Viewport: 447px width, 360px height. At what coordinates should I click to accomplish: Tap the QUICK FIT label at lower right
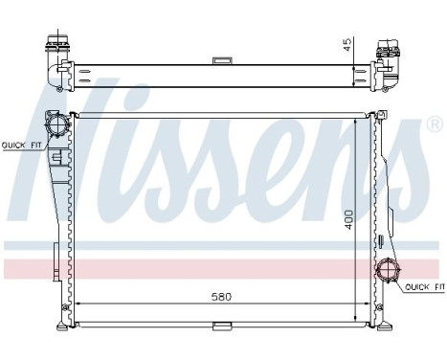[423, 287]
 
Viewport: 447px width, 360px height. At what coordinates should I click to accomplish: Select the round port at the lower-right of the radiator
[391, 271]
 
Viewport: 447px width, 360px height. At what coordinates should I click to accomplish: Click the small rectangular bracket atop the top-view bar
[223, 62]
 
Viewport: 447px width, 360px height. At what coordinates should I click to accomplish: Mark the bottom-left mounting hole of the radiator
[64, 308]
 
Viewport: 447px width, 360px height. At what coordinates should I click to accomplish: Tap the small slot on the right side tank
[380, 238]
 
